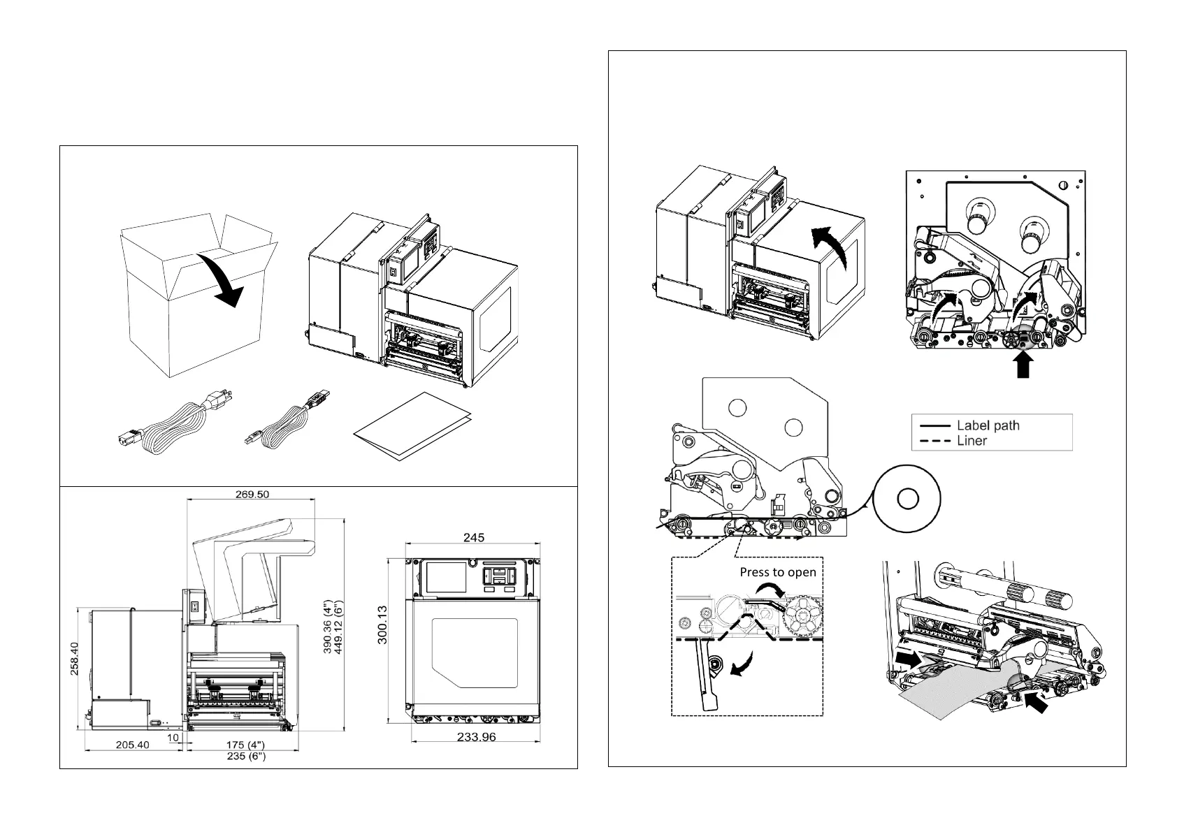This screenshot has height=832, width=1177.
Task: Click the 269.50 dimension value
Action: pos(252,493)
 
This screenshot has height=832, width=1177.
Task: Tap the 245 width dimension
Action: pos(473,537)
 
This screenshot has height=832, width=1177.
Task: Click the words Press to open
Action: pos(777,572)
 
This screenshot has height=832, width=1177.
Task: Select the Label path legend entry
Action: pos(988,425)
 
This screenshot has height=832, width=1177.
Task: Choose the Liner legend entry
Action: pos(972,441)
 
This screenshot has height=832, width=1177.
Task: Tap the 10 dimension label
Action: pos(173,737)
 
